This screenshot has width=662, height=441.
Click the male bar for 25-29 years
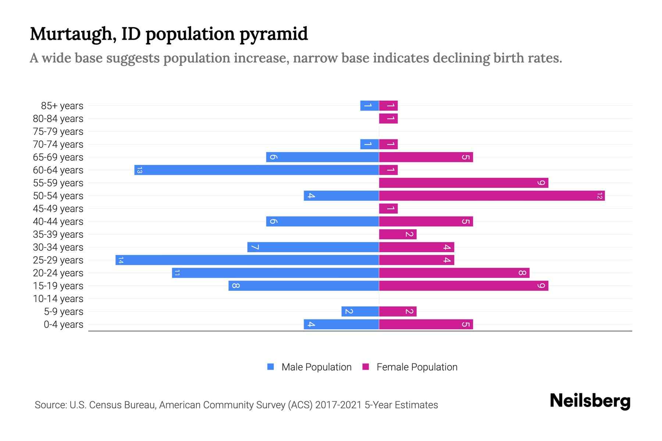point(247,260)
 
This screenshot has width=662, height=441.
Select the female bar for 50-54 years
point(492,196)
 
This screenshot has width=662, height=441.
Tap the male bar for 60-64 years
point(256,170)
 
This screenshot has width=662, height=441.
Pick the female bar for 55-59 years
point(463,183)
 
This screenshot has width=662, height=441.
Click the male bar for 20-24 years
point(275,273)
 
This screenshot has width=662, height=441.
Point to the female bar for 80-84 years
point(388,119)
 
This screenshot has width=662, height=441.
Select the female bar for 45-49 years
point(388,209)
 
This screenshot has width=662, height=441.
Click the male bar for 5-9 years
point(360,312)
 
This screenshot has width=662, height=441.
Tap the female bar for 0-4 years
point(426,325)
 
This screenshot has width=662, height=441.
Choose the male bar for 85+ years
point(369,106)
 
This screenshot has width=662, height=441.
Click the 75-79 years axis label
point(58,132)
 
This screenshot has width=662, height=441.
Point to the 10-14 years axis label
point(58,299)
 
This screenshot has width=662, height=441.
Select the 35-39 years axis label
point(58,234)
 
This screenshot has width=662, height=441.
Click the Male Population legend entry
point(316,367)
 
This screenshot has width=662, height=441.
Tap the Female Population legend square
point(366,367)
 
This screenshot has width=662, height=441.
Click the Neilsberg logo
point(590,401)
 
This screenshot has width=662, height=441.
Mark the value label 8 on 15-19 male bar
point(236,286)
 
